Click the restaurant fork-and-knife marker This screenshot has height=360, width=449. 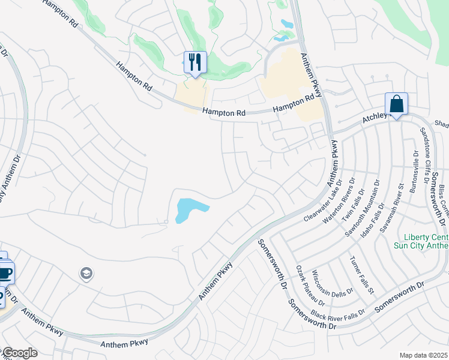(194, 62)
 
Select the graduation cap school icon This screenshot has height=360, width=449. (86, 274)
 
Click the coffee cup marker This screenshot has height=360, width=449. (5, 273)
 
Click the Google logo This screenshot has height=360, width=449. (19, 353)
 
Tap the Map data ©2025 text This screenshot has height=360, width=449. (424, 355)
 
